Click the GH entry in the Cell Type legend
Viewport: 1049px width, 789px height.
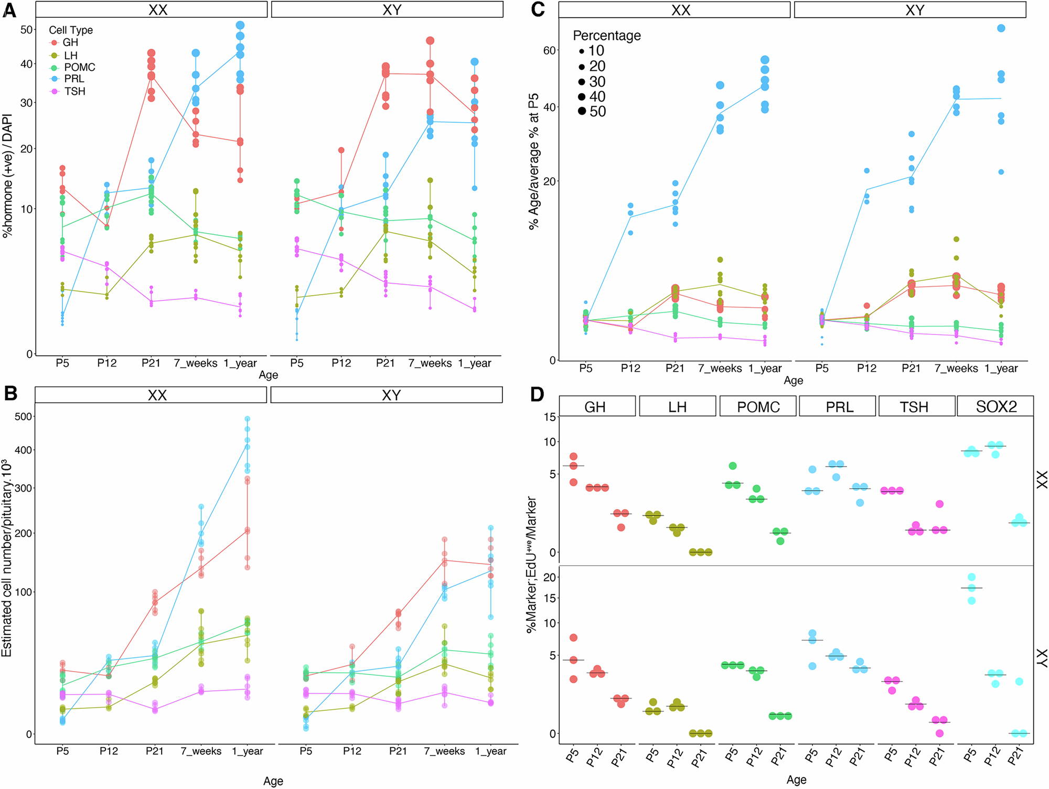click(x=70, y=42)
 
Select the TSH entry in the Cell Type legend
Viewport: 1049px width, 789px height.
click(x=74, y=91)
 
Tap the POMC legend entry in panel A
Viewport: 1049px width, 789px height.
click(x=79, y=67)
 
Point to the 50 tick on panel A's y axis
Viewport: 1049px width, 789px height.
click(x=26, y=29)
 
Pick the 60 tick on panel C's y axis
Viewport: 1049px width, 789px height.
click(x=549, y=50)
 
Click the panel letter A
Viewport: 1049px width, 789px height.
click(x=9, y=10)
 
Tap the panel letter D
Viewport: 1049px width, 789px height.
click(x=537, y=394)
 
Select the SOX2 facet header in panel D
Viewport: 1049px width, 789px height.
click(x=996, y=406)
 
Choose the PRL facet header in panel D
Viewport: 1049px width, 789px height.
click(x=839, y=406)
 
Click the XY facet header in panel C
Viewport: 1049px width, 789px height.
click(x=914, y=10)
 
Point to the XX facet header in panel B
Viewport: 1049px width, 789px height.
click(x=157, y=395)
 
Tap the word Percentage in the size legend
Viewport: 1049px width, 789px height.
click(x=606, y=36)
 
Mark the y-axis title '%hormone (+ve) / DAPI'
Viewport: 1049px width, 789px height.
click(x=7, y=176)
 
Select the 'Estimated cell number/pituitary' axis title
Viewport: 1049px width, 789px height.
click(x=7, y=558)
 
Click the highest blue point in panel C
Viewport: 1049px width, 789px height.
click(x=1001, y=28)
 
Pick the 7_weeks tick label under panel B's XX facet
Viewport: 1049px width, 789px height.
click(x=202, y=751)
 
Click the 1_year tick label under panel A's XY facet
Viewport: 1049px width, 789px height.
click(x=474, y=363)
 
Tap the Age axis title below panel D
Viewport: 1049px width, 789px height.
click(x=796, y=780)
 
